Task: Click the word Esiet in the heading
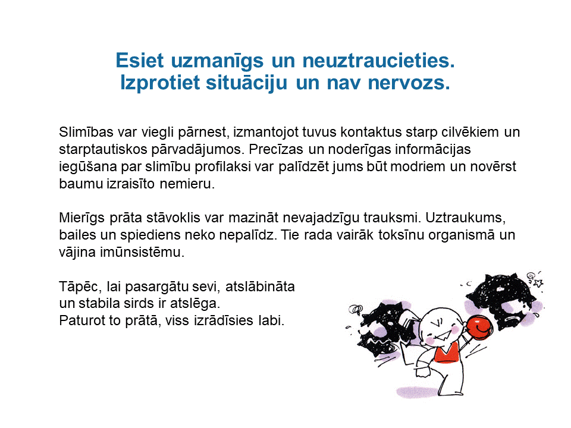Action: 140,61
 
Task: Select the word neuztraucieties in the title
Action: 379,61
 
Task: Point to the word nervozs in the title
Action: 409,83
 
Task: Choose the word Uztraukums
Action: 466,218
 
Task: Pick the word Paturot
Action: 77,320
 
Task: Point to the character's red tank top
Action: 447,354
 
